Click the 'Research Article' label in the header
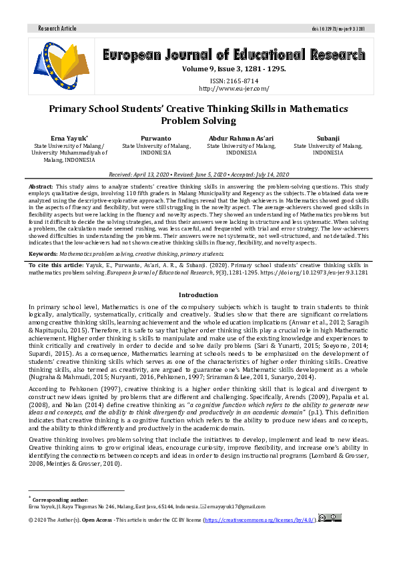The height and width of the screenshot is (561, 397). pos(57,29)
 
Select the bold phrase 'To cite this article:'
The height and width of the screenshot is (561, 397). pos(56,265)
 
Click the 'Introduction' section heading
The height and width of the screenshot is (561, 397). pos(198,294)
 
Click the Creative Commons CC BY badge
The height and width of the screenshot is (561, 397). pos(332,518)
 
